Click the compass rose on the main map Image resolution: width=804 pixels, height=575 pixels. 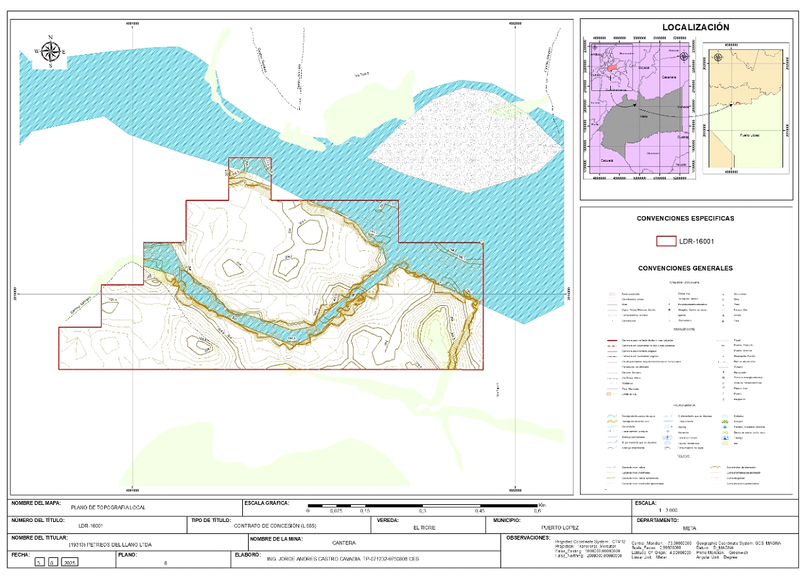pyautogui.click(x=50, y=50)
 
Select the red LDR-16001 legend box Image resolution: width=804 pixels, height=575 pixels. pyautogui.click(x=666, y=241)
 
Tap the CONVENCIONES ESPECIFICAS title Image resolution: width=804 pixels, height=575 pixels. pyautogui.click(x=685, y=218)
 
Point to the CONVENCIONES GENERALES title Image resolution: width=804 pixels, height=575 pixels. pyautogui.click(x=685, y=268)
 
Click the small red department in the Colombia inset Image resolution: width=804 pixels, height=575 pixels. pyautogui.click(x=612, y=67)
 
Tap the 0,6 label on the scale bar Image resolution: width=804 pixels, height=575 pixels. pyautogui.click(x=538, y=511)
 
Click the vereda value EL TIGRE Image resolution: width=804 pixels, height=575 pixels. pyautogui.click(x=424, y=527)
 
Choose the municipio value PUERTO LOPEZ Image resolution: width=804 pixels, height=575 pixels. pyautogui.click(x=560, y=527)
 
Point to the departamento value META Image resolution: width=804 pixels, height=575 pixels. pyautogui.click(x=689, y=527)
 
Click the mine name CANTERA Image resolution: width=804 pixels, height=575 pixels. pyautogui.click(x=344, y=543)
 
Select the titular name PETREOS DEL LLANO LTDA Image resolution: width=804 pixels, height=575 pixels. pyautogui.click(x=110, y=544)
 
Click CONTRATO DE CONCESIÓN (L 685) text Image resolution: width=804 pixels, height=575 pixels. pyautogui.click(x=274, y=526)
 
